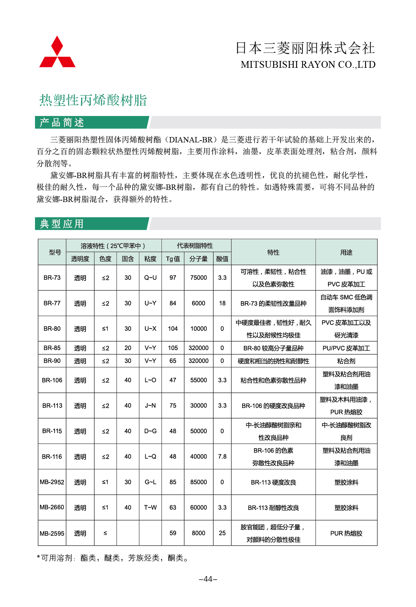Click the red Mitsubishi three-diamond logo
point(57,52)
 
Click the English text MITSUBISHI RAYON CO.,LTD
point(308,65)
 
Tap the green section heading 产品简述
point(62,122)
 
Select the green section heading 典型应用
point(62,224)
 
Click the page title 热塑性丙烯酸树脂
point(93,100)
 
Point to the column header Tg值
point(173,259)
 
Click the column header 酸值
point(222,259)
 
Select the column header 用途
point(346,252)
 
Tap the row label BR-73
point(52,278)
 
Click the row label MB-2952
point(52,482)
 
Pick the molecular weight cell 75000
point(199,278)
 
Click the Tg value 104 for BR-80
point(173,329)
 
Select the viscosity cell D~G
point(150,431)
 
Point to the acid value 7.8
point(222,456)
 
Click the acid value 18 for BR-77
point(222,303)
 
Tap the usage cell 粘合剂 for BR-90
point(346,361)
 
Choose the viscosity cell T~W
point(150,507)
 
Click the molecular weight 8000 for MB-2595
point(199,533)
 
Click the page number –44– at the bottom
point(208,579)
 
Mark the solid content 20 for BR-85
point(128,348)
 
